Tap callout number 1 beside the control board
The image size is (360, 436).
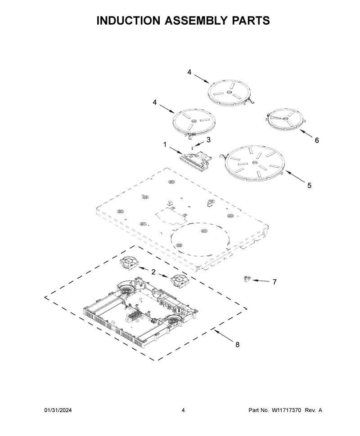[x=165, y=145]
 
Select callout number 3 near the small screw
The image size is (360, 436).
[x=208, y=140]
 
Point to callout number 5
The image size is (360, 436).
[x=309, y=185]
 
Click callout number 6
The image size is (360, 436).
[x=317, y=140]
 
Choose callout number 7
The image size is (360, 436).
[x=274, y=282]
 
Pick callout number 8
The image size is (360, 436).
[x=237, y=344]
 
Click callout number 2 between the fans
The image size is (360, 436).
[x=153, y=272]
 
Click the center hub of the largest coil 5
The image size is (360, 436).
[x=254, y=162]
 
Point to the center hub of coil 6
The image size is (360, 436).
[x=285, y=119]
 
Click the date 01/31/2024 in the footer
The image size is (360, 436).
[x=58, y=410]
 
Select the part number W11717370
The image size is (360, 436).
[x=287, y=410]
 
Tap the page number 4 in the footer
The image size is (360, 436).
[x=183, y=410]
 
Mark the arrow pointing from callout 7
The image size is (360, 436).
[x=261, y=280]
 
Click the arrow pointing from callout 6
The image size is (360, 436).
[x=306, y=133]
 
